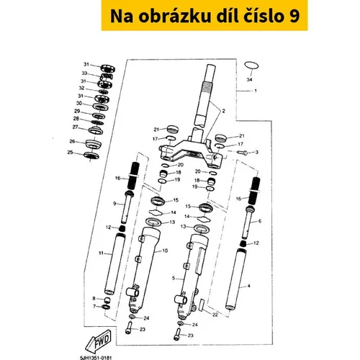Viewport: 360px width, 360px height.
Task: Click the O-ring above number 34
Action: [x=251, y=63]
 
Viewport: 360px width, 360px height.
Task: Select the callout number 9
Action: [x=114, y=204]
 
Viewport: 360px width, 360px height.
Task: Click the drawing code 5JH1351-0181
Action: [x=96, y=358]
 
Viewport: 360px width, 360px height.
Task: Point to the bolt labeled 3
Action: [x=243, y=152]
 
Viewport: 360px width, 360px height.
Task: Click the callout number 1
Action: [x=256, y=91]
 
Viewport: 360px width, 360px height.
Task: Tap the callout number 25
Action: [x=70, y=152]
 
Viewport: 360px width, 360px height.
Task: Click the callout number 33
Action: [x=84, y=73]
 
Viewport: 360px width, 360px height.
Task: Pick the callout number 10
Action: [x=165, y=251]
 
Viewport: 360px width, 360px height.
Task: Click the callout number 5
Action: [x=174, y=278]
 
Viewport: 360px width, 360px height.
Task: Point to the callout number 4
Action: [x=248, y=286]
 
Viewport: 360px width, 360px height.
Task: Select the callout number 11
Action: [x=101, y=253]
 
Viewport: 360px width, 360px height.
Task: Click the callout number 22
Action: [x=215, y=315]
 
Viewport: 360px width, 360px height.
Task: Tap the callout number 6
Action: [x=260, y=221]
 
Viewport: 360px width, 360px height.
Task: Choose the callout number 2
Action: [x=224, y=111]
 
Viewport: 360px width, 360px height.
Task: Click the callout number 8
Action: [x=94, y=299]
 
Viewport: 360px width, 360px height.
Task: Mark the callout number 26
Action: [x=72, y=141]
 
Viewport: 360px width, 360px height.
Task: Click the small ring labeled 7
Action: [x=106, y=307]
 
